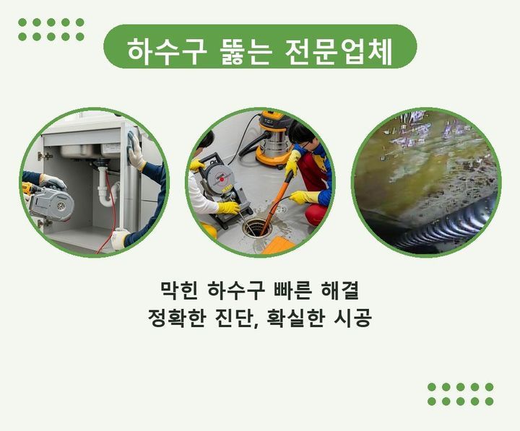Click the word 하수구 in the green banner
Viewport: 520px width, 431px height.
[x=167, y=53]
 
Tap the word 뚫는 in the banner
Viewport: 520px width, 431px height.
[x=246, y=53]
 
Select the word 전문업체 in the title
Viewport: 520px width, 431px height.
[x=339, y=53]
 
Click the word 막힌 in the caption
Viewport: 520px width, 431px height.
[x=179, y=290]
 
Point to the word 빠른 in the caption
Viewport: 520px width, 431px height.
[x=293, y=290]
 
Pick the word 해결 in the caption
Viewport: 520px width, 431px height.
[x=340, y=290]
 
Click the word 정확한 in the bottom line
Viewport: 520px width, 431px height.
[x=176, y=318]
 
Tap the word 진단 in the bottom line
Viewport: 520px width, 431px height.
[x=233, y=318]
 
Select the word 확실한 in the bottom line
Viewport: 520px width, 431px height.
[x=295, y=318]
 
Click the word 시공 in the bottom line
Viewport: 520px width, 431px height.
[x=352, y=318]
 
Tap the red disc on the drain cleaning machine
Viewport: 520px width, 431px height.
[x=222, y=179]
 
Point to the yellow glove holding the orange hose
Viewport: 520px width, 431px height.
[x=292, y=162]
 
